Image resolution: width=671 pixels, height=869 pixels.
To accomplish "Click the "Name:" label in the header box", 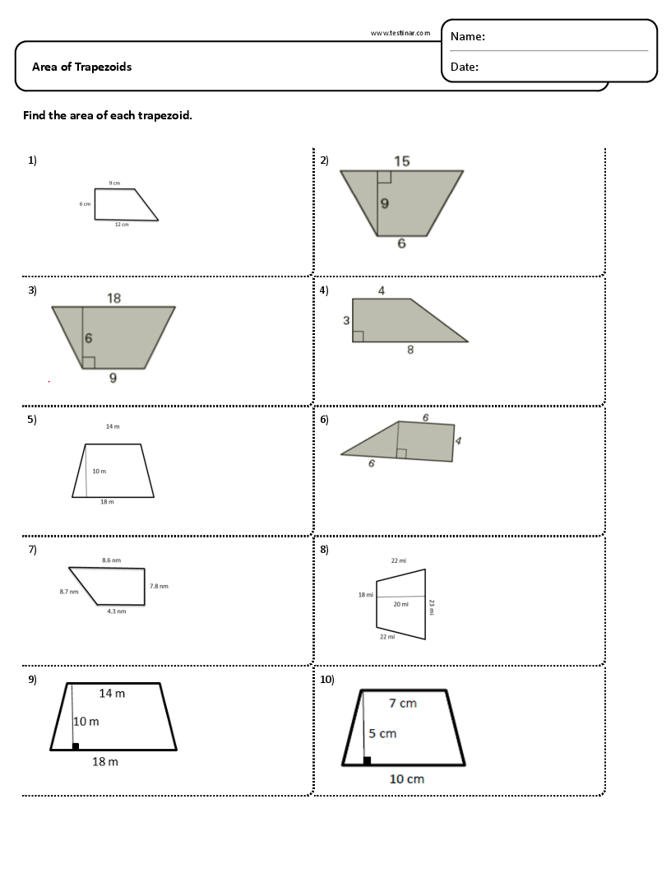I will [x=468, y=37].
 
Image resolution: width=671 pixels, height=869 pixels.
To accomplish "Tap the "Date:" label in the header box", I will [x=465, y=67].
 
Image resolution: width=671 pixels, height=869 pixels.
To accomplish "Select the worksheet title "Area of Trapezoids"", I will [x=81, y=67].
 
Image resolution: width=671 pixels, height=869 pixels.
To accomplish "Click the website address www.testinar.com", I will [x=400, y=34].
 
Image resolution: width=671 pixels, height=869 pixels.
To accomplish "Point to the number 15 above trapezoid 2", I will [x=401, y=161].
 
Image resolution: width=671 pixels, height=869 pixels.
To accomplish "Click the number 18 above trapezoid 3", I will [x=113, y=298].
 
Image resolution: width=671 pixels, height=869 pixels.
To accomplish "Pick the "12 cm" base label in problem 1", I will [x=122, y=225].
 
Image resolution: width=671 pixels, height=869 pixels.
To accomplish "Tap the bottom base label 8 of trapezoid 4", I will [x=410, y=350].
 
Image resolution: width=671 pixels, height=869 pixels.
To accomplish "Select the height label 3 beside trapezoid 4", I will [x=346, y=320].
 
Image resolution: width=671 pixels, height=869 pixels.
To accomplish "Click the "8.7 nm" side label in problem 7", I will [x=69, y=592].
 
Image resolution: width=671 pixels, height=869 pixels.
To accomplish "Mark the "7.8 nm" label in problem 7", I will [x=159, y=586].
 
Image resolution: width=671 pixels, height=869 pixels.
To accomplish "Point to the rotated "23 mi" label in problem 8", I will [x=432, y=606].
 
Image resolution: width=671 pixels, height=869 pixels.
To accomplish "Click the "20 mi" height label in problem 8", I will [x=400, y=604].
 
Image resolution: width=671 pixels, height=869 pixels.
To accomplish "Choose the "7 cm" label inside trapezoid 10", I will [x=403, y=703].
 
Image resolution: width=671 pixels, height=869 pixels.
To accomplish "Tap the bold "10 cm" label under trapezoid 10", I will [x=406, y=778].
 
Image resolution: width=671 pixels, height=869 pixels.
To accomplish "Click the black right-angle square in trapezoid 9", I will [x=76, y=746].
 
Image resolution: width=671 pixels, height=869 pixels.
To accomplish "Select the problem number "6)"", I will [x=324, y=420].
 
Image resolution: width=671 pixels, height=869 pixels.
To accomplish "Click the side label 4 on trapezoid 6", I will [x=458, y=441].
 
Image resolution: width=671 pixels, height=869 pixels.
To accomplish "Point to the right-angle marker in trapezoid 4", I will [x=358, y=336].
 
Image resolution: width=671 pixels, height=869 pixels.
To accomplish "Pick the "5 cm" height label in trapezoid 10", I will [x=382, y=733].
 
